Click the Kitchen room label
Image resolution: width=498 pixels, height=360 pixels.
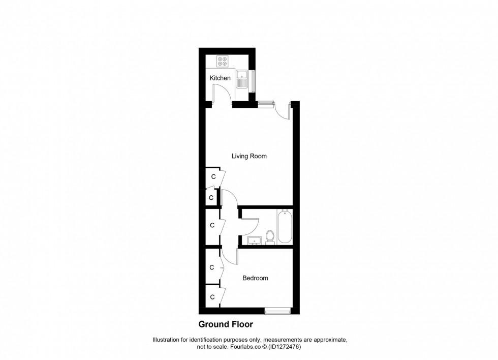coord(220,78)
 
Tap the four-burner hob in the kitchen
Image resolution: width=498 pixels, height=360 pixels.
coord(223,62)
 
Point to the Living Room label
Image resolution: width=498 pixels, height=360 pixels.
coord(249,156)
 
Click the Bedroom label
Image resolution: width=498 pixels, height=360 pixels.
coord(255,278)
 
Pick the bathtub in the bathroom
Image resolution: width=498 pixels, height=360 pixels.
coord(284,227)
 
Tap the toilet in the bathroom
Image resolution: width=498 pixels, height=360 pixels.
coord(270,237)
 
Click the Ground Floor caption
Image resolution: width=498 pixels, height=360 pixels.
coord(225,324)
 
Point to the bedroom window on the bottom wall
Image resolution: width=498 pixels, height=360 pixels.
coord(278,310)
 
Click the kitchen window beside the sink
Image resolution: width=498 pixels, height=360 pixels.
coord(253,79)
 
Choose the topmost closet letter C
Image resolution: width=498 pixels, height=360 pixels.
coord(213,176)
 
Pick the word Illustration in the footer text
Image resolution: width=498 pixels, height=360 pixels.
coord(168,339)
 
